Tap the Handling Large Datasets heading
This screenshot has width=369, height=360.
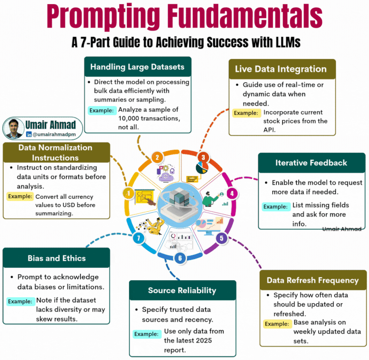137,67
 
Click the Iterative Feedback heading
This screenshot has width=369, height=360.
311,163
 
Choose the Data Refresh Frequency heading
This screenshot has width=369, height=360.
313,280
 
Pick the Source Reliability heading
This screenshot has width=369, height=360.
182,290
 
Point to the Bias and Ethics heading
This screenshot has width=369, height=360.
56,258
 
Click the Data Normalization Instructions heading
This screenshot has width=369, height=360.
55,152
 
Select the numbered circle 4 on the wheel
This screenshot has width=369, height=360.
232,193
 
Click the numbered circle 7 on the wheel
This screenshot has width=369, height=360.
137,238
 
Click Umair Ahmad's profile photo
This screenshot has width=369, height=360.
14,128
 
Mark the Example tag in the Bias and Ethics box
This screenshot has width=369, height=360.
21,301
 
